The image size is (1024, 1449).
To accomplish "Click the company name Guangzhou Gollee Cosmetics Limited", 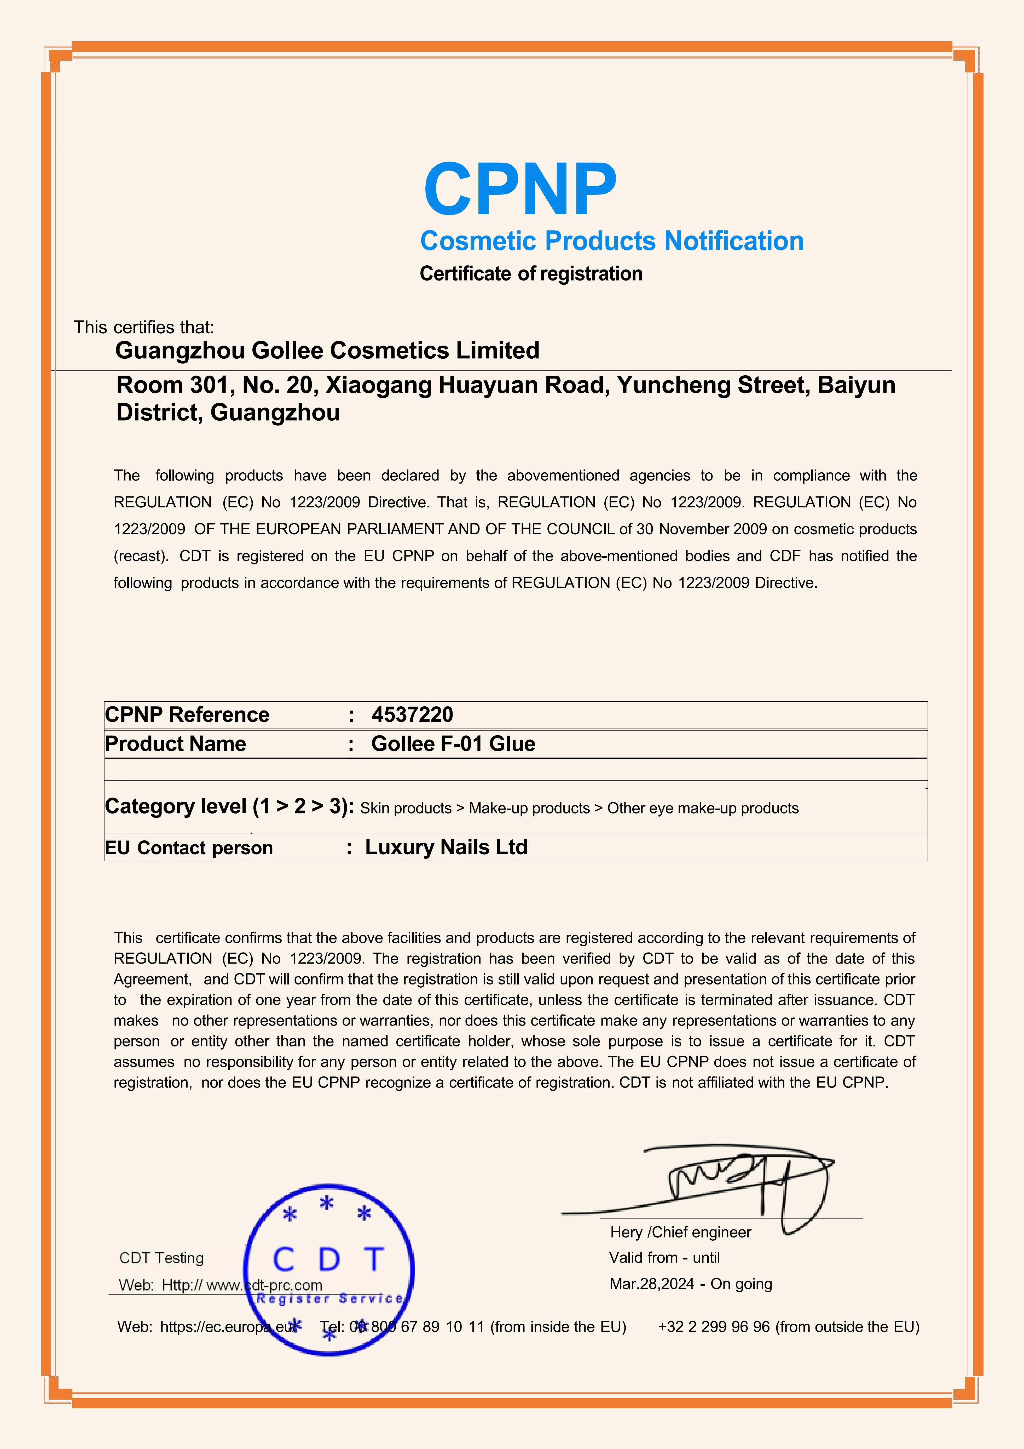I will click(327, 351).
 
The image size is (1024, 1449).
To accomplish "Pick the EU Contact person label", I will click(189, 847).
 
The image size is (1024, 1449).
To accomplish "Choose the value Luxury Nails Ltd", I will click(446, 847).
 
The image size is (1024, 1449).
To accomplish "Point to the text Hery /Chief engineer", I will click(680, 1233).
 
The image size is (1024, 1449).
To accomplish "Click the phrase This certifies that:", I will click(144, 328).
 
